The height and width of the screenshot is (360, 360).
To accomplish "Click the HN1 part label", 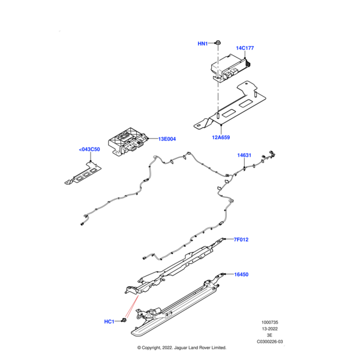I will tap(203, 44).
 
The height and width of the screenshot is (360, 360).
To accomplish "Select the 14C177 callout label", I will tap(245, 47).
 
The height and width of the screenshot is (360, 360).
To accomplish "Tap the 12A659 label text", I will tap(220, 137).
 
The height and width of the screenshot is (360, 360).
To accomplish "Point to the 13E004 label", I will tap(167, 139).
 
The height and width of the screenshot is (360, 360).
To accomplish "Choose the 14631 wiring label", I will tap(244, 155).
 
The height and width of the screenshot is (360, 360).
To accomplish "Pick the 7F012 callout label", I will tap(241, 239).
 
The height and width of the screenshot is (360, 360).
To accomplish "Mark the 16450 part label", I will tap(241, 274).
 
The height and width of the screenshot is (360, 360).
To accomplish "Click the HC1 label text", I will tap(109, 322).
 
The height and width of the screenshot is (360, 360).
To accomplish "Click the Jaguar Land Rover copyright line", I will tap(181, 347).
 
